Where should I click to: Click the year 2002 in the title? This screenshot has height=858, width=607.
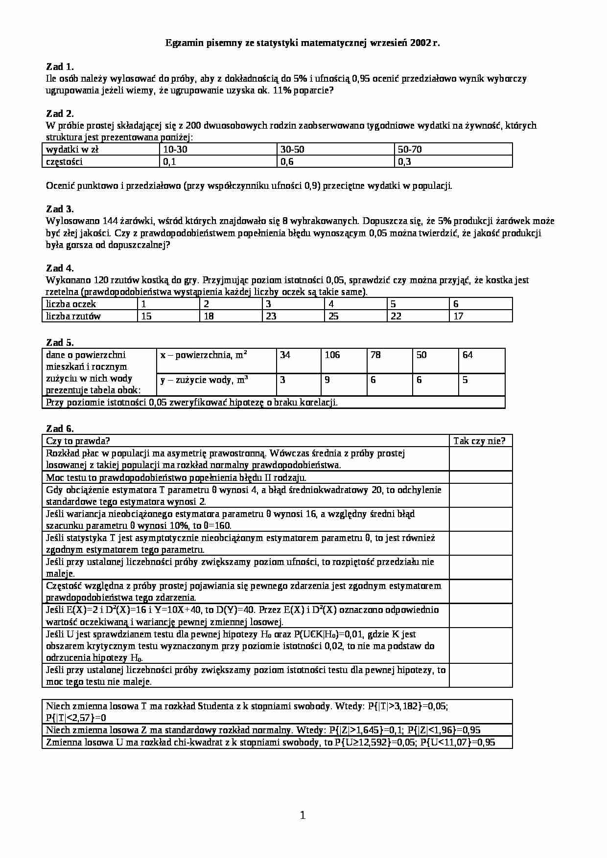(422, 43)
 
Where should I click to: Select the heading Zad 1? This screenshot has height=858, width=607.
(60, 67)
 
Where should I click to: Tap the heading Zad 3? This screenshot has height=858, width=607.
(60, 209)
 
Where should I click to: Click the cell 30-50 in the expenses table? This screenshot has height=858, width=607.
(292, 149)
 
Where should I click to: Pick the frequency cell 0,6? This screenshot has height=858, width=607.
(287, 162)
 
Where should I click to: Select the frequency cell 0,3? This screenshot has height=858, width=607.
(404, 162)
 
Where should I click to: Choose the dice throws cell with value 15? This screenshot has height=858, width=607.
(146, 316)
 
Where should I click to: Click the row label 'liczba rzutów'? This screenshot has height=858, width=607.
(73, 316)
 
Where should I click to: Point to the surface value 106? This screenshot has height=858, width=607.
(332, 355)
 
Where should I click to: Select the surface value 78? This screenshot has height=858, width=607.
(375, 355)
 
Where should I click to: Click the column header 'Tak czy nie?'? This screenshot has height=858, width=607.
(479, 441)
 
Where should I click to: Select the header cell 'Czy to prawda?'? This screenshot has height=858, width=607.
(78, 441)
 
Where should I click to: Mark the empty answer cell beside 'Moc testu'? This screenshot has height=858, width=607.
(480, 477)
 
